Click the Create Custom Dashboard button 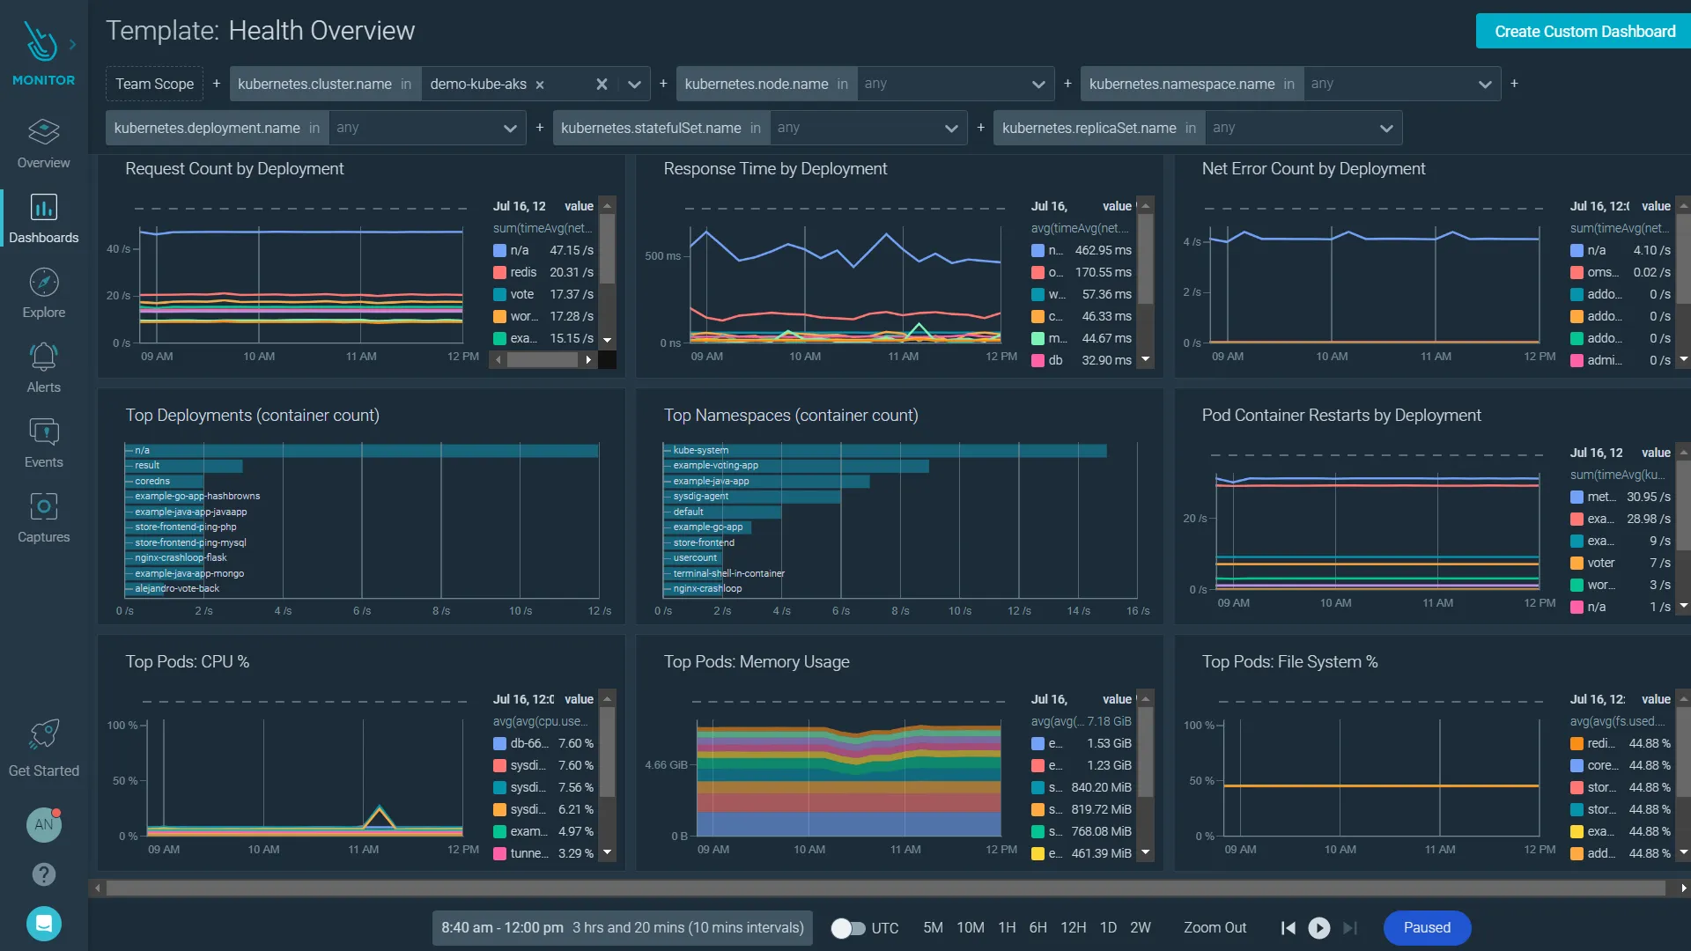pyautogui.click(x=1584, y=32)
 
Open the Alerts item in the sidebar pyautogui.click(x=43, y=368)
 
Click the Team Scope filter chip pyautogui.click(x=154, y=84)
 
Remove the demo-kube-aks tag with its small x pyautogui.click(x=540, y=85)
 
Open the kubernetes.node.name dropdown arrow pyautogui.click(x=1037, y=85)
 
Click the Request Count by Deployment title pyautogui.click(x=234, y=169)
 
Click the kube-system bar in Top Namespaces pyautogui.click(x=884, y=450)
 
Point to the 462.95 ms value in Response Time pyautogui.click(x=1103, y=250)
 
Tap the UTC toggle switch pyautogui.click(x=847, y=928)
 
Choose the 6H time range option pyautogui.click(x=1037, y=928)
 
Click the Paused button pyautogui.click(x=1426, y=928)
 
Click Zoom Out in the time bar pyautogui.click(x=1215, y=928)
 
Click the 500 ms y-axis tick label pyautogui.click(x=662, y=256)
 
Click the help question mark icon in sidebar pyautogui.click(x=43, y=874)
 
